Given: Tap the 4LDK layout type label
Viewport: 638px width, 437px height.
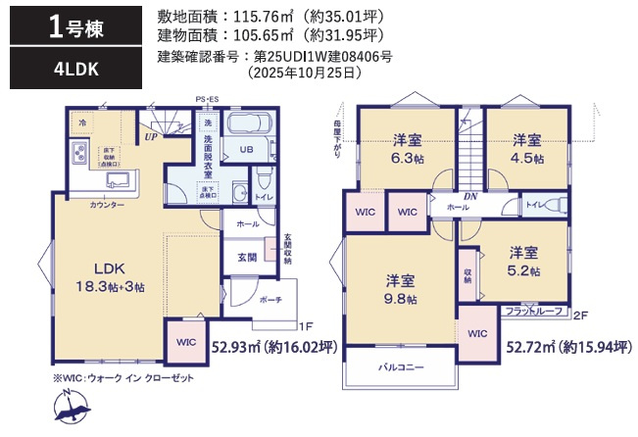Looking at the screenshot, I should [65, 69].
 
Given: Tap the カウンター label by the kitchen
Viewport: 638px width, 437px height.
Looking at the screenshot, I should [106, 206].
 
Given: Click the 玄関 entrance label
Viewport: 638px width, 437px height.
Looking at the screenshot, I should [246, 257].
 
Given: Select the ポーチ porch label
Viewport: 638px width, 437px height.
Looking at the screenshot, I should [271, 301].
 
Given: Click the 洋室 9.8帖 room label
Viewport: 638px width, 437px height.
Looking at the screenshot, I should [400, 289].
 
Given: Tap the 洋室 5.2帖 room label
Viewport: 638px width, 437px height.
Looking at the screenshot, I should [522, 261].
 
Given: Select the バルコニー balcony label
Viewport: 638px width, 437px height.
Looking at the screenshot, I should [400, 367].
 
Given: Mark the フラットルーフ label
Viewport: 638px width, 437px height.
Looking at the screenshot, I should [534, 311].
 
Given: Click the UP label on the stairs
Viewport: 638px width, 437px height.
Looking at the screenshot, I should [152, 136].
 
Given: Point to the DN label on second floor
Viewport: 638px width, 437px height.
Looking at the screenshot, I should [469, 195].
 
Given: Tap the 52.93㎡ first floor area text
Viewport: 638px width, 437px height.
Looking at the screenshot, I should [274, 345].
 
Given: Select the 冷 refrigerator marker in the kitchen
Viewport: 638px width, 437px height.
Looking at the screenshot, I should [82, 122].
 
